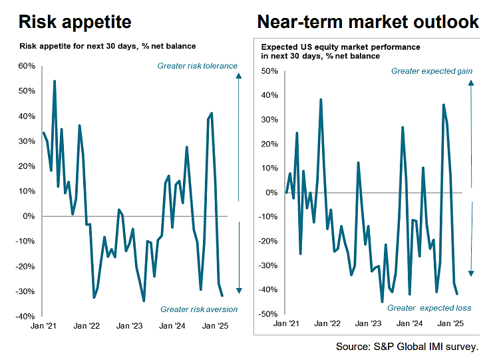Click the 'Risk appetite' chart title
point(75,22)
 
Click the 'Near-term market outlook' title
point(367,22)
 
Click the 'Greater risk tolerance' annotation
point(197,66)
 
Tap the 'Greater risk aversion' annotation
point(199,309)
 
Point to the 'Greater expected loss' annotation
point(429,308)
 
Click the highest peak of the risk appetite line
point(54,81)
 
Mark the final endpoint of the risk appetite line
point(222,295)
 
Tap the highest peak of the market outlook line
point(321,100)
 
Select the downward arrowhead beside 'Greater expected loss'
point(470,273)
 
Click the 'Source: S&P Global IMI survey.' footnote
point(407,347)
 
